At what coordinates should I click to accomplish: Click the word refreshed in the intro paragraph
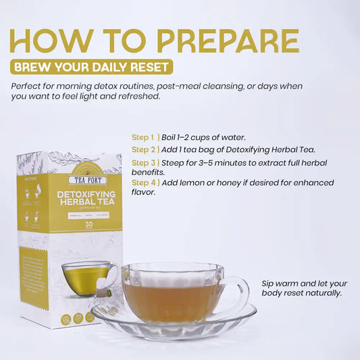pyautogui.click(x=137, y=96)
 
